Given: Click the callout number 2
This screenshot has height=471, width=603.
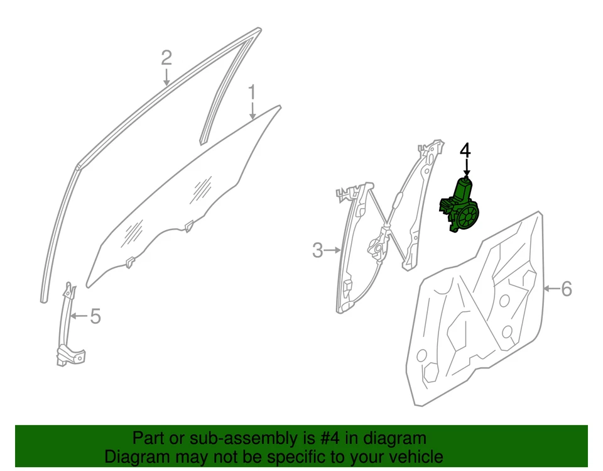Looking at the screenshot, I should point(166,58).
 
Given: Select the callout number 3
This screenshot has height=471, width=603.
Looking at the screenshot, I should point(318,250).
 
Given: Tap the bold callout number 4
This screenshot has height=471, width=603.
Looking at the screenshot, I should point(465,150).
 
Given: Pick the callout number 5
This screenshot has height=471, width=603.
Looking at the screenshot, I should point(95,316).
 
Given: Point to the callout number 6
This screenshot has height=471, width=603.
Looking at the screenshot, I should point(566,289).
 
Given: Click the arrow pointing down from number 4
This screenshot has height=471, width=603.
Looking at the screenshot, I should point(467,168).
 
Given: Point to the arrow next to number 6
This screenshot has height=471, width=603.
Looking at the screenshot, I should point(551,289).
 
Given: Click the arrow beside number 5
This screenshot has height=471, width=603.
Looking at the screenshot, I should point(79,316).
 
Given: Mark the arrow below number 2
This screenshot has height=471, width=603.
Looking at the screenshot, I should point(166,77).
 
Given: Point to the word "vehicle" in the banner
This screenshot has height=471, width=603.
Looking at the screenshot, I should point(411,457).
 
